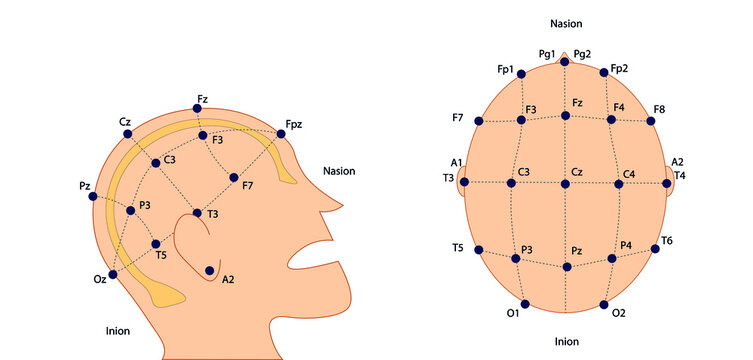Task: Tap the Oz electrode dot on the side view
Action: coord(113,274)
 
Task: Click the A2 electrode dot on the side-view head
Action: coord(210,270)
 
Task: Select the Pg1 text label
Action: coord(547,53)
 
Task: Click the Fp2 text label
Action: coord(619,69)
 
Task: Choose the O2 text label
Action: coord(618,313)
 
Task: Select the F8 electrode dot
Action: coord(651,121)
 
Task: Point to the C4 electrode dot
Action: coord(617,183)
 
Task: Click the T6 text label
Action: coord(666,241)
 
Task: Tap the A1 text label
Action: coord(456,163)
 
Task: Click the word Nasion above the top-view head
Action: coord(566,22)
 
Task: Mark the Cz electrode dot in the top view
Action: coord(566,183)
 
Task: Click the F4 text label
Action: coord(620,107)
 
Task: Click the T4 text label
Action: coord(680,176)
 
